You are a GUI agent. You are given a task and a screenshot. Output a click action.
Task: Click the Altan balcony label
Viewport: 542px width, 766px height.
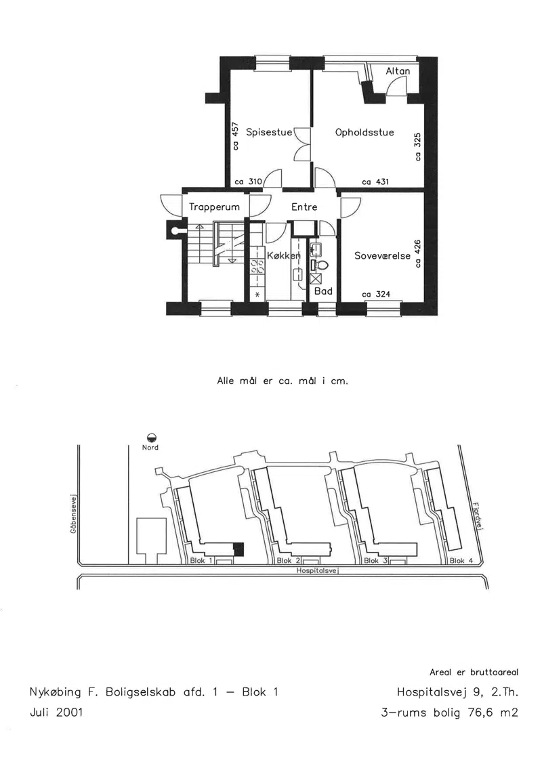[398, 71]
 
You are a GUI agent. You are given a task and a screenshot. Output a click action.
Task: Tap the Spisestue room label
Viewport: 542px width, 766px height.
[269, 132]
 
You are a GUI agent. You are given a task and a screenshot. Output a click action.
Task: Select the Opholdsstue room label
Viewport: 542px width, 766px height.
[364, 132]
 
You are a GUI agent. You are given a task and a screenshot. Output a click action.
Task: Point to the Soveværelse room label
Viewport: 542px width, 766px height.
[382, 256]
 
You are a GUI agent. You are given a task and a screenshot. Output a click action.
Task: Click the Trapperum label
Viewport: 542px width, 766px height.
[215, 207]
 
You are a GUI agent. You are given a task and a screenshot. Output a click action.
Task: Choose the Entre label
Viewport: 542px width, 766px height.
[304, 207]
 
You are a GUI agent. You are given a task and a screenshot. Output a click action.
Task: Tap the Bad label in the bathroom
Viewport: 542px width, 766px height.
[323, 291]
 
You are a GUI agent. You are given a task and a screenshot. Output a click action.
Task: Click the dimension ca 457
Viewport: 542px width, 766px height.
[236, 136]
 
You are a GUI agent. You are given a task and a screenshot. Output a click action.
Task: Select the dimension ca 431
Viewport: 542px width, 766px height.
[375, 182]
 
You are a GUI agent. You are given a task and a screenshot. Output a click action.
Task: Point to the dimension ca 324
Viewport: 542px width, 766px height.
[376, 294]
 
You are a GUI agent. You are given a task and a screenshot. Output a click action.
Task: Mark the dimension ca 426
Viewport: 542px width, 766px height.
[417, 253]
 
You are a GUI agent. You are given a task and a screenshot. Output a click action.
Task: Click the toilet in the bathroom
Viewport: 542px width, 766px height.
[320, 265]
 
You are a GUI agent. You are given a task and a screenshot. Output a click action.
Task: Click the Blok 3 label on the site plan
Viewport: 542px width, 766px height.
[374, 561]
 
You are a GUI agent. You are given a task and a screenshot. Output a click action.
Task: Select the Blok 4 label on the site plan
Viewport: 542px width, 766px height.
[461, 561]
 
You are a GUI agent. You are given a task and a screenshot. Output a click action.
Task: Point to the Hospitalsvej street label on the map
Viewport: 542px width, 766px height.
[318, 570]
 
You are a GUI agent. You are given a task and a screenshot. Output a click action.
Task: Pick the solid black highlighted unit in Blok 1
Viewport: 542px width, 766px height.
[238, 549]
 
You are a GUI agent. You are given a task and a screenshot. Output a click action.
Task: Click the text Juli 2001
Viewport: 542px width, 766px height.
[57, 712]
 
